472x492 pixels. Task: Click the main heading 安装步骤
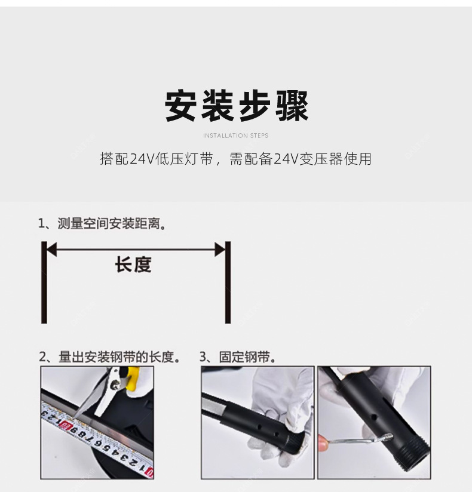237,106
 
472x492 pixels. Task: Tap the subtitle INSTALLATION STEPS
236,136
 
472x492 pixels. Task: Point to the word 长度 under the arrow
133,265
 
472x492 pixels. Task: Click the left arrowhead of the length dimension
51,250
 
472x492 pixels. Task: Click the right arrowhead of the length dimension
220,250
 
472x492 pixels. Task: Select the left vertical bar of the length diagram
44,282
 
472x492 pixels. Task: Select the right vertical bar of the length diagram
228,282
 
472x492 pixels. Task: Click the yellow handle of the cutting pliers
133,378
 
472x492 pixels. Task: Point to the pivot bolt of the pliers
116,384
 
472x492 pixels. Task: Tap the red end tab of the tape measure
150,472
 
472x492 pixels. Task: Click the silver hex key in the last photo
361,439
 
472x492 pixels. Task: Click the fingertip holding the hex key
323,442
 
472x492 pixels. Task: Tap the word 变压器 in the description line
320,159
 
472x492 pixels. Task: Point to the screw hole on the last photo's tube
374,417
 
